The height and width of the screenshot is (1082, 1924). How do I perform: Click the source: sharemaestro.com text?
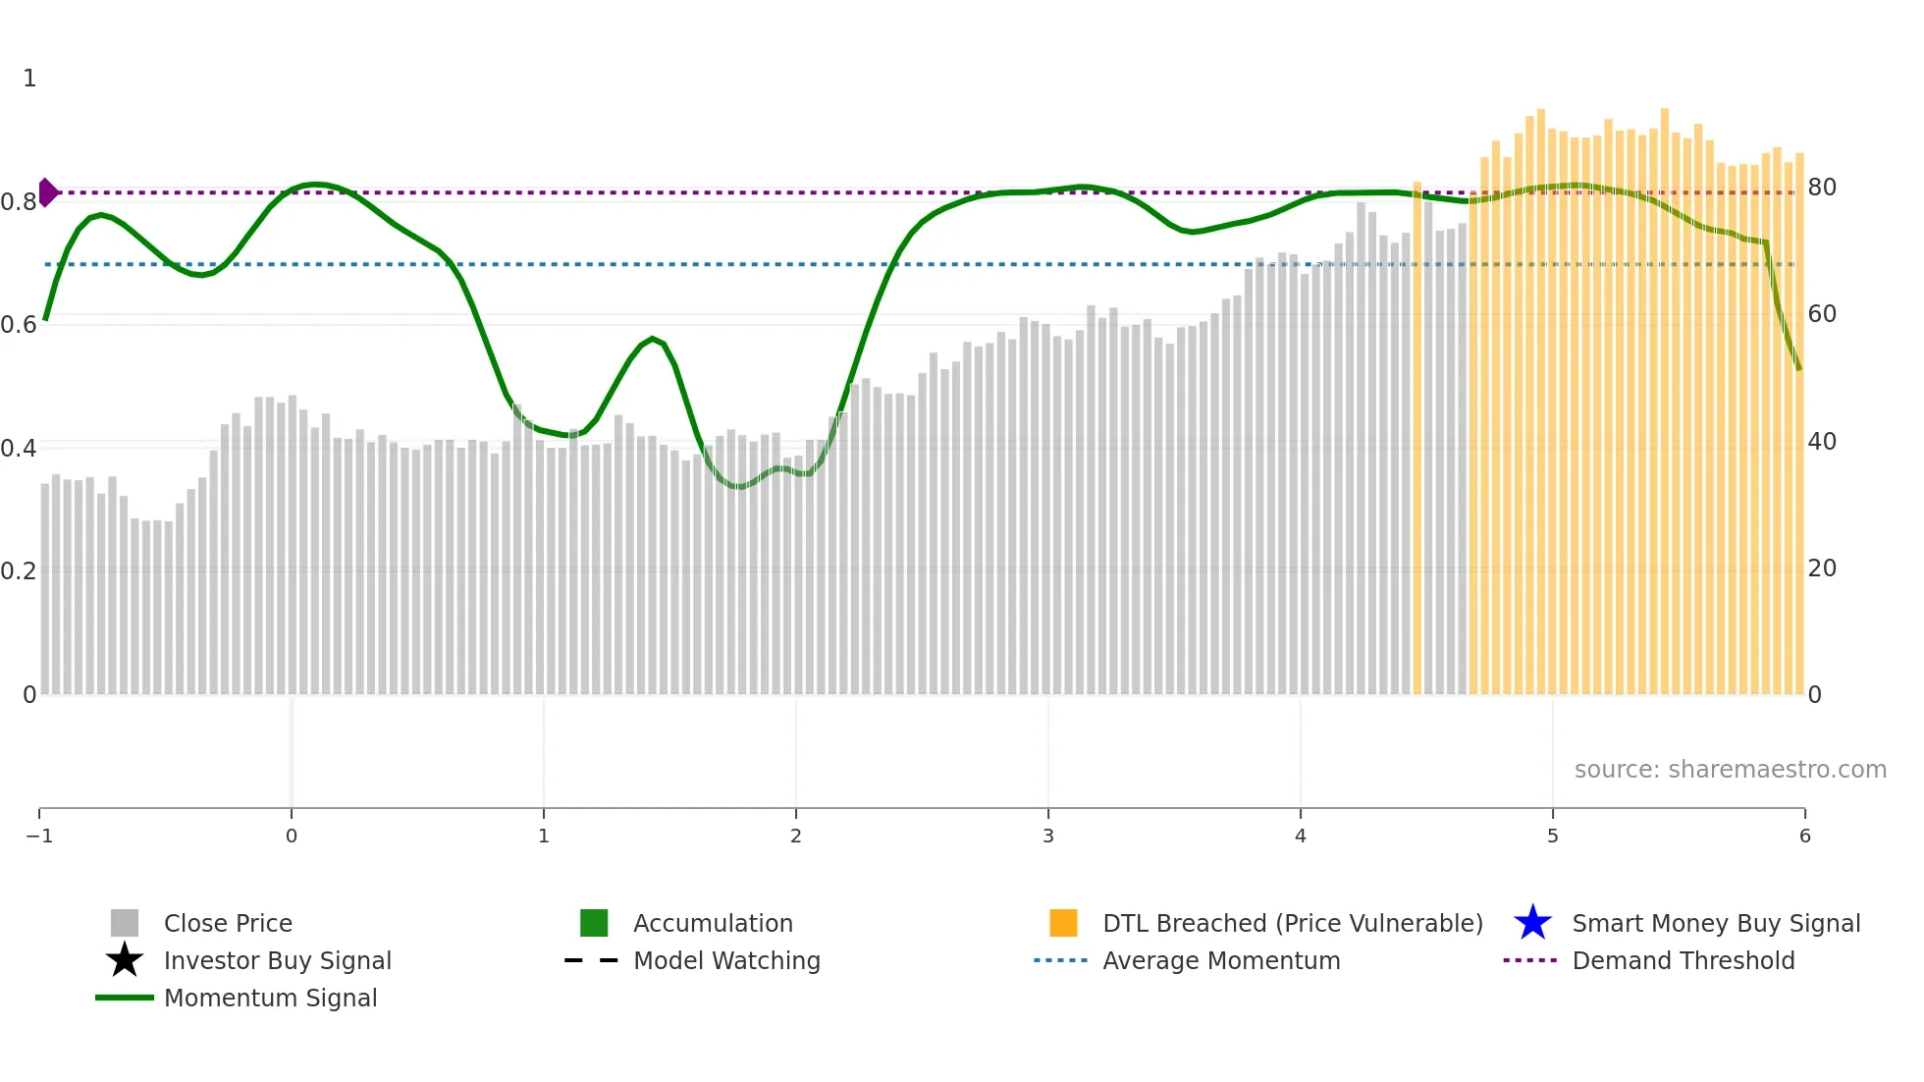[1730, 770]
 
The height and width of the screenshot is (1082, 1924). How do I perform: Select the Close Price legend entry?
[228, 924]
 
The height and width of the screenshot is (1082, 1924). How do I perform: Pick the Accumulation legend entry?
[713, 924]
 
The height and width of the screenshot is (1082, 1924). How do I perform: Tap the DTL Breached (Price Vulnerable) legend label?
[1292, 924]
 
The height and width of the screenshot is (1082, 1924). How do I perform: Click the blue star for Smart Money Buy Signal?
[1532, 924]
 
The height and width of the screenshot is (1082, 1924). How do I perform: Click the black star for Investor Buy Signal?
[125, 961]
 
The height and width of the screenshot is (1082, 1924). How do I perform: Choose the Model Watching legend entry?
[726, 961]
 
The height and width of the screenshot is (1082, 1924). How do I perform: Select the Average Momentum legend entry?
[1221, 961]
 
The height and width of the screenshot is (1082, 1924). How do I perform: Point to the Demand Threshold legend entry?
[1683, 961]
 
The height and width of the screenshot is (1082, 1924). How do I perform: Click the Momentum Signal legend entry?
[270, 999]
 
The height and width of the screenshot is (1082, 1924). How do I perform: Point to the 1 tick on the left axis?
[29, 79]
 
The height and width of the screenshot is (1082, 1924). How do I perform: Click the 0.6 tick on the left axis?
[19, 325]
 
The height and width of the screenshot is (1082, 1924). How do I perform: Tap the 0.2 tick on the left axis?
[19, 571]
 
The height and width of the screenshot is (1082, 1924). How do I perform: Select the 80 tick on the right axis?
[1822, 188]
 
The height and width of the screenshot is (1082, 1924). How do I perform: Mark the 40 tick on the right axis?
[1822, 442]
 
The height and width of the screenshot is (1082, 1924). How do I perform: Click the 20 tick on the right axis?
[1822, 568]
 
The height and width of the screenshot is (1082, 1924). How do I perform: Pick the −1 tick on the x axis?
[39, 837]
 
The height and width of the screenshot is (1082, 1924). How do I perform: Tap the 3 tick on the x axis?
[1048, 837]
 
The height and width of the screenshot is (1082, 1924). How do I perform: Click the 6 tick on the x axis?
[1804, 837]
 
